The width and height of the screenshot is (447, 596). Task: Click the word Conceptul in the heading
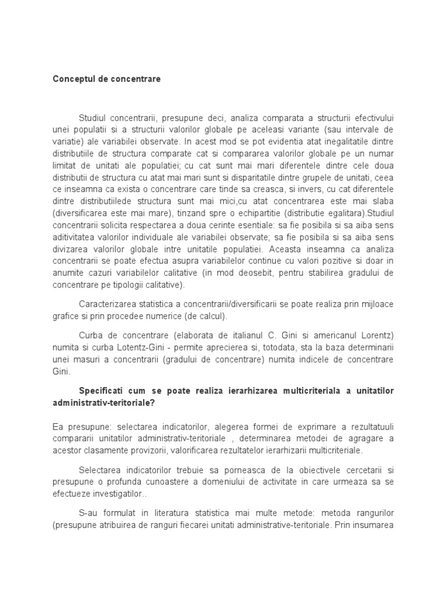click(73, 78)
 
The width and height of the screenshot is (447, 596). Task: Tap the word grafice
click(65, 317)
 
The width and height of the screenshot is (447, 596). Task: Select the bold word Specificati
click(102, 391)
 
